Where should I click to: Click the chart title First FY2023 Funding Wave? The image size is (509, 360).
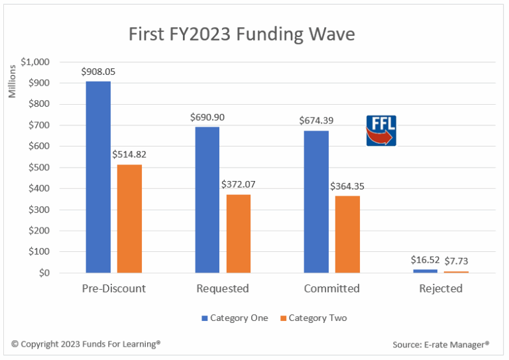(242, 33)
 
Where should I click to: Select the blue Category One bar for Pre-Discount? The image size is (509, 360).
(98, 177)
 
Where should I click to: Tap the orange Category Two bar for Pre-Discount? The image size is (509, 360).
(129, 219)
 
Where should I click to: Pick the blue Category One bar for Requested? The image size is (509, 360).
(207, 200)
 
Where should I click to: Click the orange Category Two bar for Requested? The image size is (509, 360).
(239, 233)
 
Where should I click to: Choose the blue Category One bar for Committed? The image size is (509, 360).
(316, 202)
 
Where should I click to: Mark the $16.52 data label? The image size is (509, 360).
(424, 261)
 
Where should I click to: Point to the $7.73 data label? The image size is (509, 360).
(456, 261)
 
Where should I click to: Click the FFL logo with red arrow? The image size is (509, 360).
(381, 131)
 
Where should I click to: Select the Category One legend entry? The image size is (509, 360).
(235, 318)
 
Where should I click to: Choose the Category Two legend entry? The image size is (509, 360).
(312, 318)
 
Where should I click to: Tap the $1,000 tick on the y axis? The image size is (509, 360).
(34, 62)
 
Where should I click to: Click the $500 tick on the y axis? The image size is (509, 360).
(37, 167)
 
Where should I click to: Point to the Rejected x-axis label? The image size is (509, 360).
(441, 289)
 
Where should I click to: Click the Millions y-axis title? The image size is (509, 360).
(12, 83)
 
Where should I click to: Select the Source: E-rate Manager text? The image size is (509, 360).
(440, 345)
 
